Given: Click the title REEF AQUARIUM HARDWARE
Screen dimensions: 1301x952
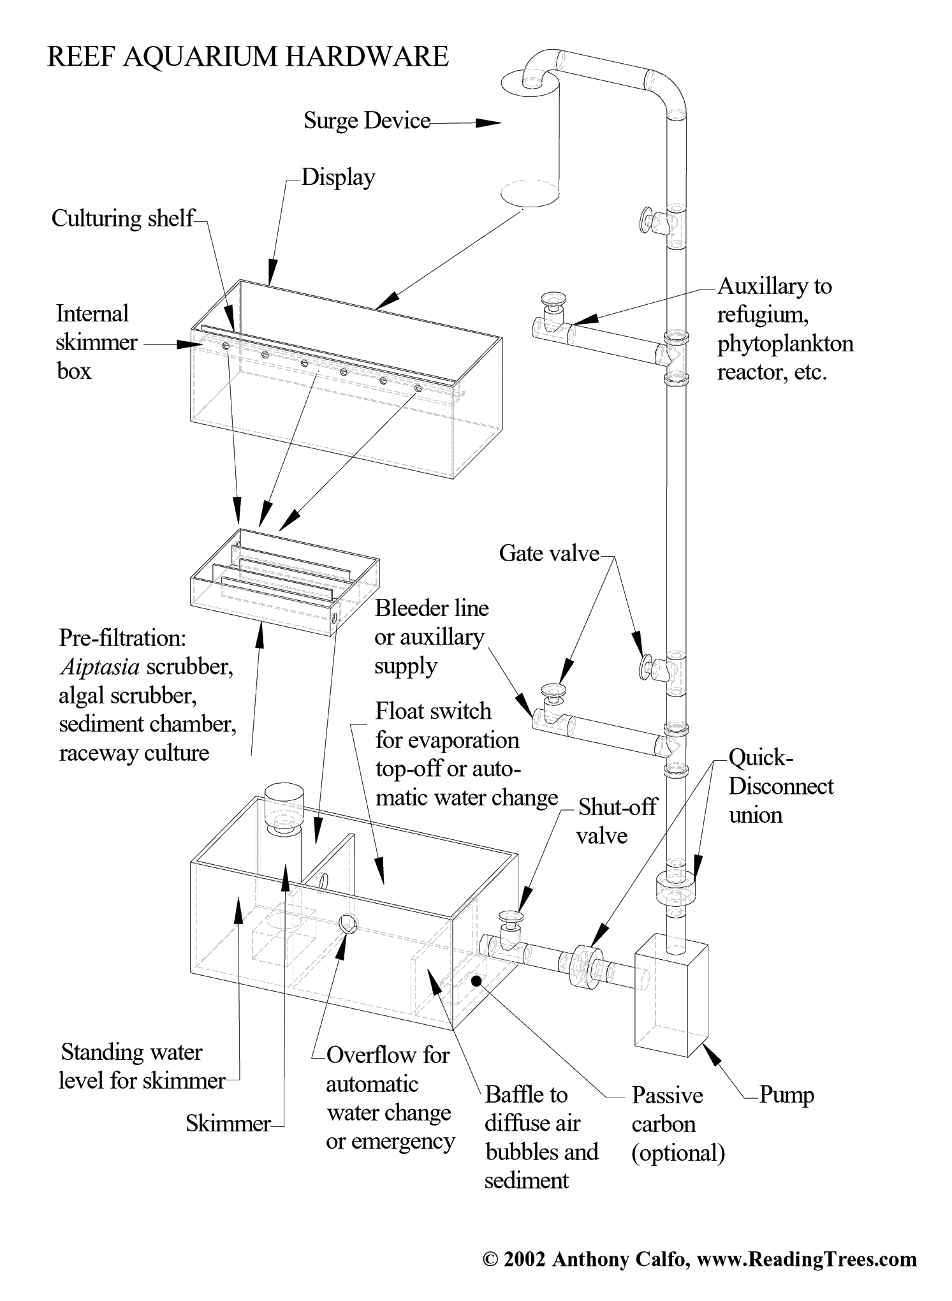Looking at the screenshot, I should tap(247, 57).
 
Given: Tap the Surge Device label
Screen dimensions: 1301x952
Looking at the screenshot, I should tap(367, 121).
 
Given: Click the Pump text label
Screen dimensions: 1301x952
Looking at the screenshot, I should tap(786, 1095).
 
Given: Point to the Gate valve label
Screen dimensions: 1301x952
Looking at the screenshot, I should tap(549, 553).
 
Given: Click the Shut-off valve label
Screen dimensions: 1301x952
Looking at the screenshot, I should tap(617, 821).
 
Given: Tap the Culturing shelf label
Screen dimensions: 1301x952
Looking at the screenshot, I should tap(122, 218).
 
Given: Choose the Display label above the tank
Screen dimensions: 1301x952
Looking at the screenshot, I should tap(338, 177).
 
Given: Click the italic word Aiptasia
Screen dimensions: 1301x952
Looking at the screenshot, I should tap(99, 667).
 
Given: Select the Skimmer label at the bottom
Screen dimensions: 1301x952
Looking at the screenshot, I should tap(228, 1123).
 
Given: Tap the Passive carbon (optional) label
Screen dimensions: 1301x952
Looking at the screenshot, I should tap(677, 1124).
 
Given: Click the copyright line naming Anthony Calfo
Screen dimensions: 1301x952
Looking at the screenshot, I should tap(699, 1259).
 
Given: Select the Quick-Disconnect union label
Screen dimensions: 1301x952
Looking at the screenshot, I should tap(780, 786).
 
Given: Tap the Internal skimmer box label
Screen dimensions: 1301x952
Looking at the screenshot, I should tap(96, 342).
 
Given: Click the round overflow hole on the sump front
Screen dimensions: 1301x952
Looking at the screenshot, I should tap(348, 923).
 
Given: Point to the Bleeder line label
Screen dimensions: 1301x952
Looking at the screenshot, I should tap(430, 636).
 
